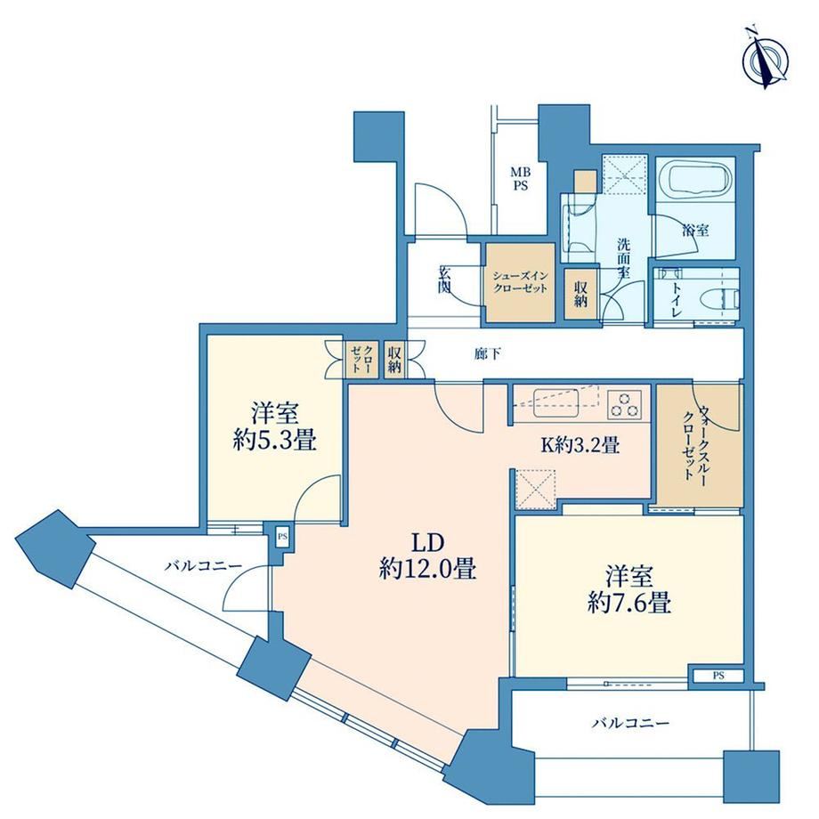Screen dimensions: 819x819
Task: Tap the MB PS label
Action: pos(520,179)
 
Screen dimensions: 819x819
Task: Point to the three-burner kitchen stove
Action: pos(626,404)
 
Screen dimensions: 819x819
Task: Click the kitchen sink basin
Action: pos(555,403)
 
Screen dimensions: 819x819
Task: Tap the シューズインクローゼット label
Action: pos(520,282)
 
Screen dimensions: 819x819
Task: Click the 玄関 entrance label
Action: pos(445,280)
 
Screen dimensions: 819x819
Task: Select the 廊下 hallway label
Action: pos(487,354)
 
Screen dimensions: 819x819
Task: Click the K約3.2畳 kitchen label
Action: pos(580,445)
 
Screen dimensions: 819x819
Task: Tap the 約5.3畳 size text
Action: pos(274,442)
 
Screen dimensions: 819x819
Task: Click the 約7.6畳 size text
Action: pos(628,604)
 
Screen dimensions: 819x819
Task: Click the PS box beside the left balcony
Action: pos(282,536)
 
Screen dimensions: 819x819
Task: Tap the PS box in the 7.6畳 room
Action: pos(718,676)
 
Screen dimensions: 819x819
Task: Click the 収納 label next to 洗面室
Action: pos(580,294)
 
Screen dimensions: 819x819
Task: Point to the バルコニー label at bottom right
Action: pos(630,724)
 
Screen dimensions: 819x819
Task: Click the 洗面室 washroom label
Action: pos(624,258)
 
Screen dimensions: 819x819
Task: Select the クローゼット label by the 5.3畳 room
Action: pos(361,358)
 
